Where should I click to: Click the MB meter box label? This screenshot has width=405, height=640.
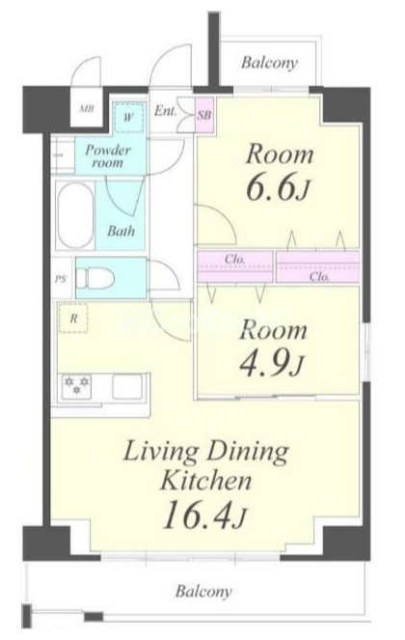(x=87, y=109)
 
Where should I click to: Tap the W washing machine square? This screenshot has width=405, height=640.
(x=128, y=118)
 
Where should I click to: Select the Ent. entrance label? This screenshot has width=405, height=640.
(x=165, y=111)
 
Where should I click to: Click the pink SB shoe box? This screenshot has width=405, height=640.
(x=204, y=115)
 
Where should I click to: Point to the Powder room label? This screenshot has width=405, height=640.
(x=108, y=156)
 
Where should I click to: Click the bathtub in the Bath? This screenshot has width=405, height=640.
(x=74, y=215)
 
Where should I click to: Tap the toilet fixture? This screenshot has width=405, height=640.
(x=95, y=278)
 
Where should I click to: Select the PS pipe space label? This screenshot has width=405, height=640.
(x=61, y=280)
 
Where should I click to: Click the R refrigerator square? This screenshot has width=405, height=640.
(x=73, y=318)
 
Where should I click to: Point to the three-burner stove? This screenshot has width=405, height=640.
(x=76, y=386)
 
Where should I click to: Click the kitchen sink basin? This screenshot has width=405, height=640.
(x=127, y=386)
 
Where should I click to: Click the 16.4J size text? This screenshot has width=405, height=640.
(x=203, y=515)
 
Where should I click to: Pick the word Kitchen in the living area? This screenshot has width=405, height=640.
(x=205, y=481)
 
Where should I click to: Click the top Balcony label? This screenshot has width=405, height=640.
(x=269, y=63)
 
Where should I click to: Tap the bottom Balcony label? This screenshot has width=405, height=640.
(x=203, y=592)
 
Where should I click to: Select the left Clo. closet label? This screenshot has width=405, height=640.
(x=234, y=259)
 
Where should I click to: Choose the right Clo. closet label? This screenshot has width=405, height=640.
(x=319, y=277)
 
